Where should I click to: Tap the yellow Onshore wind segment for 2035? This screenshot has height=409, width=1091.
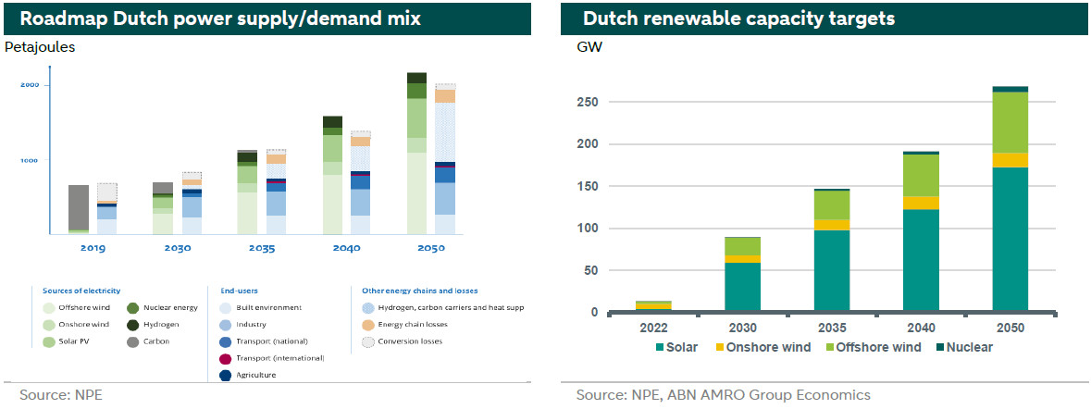pos(832,225)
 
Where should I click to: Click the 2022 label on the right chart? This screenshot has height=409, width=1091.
pos(653,328)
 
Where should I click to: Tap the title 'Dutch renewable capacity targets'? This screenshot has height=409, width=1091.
pos(738,19)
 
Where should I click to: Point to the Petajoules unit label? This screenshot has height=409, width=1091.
pos(40,46)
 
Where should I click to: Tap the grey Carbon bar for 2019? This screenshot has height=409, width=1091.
pos(79,205)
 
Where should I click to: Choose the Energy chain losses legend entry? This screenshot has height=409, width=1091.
pos(408,325)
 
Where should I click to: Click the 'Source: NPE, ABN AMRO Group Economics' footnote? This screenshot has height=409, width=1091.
pos(723,395)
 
